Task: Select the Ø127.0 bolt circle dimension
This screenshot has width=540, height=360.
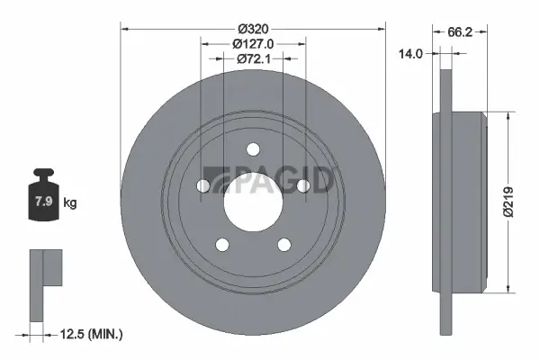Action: tap(252, 43)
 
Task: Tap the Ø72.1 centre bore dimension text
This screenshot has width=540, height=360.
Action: tap(252, 59)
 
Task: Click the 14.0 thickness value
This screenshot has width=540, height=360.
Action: tap(410, 55)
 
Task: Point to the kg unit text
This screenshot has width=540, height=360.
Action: tap(70, 203)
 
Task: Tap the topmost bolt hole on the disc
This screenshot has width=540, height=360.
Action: tap(253, 149)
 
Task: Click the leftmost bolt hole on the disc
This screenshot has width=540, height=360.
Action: tap(202, 185)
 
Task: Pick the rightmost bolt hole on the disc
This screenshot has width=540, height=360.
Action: tap(303, 185)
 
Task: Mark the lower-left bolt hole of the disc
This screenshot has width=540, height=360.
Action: tap(221, 244)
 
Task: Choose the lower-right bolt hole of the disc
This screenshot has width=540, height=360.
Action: tap(284, 244)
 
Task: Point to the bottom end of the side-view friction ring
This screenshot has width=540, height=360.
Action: tap(445, 326)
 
